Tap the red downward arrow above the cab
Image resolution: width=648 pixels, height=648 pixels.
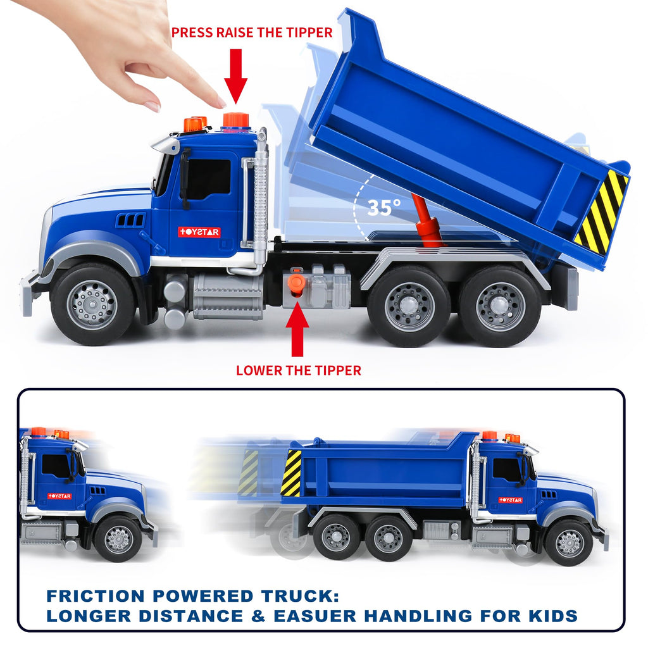(235, 76)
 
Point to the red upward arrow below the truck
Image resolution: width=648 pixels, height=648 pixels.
(297, 329)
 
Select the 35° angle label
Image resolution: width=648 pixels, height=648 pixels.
(384, 208)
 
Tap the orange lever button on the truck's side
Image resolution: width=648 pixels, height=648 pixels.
(296, 283)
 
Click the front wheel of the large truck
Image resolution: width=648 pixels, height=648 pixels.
(92, 304)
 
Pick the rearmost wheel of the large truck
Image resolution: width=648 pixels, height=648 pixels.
(500, 306)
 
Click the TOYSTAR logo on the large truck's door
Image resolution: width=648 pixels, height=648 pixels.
(199, 232)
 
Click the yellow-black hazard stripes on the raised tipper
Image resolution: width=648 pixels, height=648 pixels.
(602, 211)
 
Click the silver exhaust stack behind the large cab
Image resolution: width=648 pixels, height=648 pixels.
(260, 197)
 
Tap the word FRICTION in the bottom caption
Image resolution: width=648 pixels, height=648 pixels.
(96, 596)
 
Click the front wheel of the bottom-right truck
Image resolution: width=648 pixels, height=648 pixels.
(569, 542)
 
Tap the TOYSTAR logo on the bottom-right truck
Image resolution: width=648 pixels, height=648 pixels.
(511, 500)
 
